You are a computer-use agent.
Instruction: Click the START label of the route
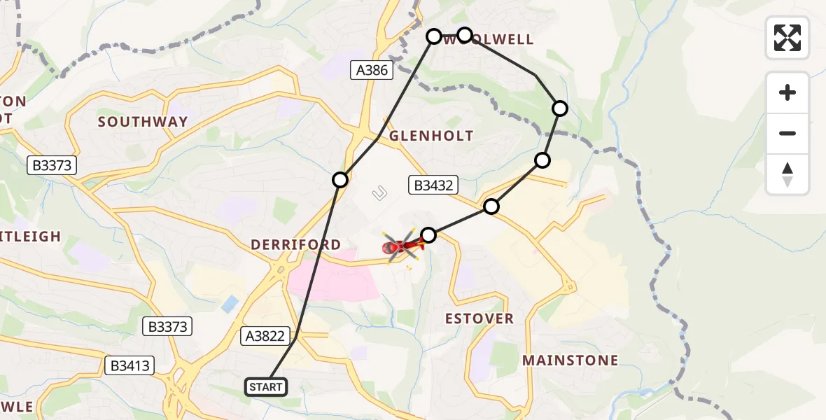(x=266, y=387)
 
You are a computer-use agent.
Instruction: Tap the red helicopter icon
(x=401, y=246)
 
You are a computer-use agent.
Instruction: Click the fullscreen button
(x=787, y=38)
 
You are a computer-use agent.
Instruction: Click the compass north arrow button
(x=787, y=174)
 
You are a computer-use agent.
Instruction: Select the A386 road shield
(x=372, y=69)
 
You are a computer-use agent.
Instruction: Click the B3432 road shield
(x=433, y=185)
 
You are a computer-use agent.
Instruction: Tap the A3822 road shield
(x=265, y=336)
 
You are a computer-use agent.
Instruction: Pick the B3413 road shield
(x=130, y=365)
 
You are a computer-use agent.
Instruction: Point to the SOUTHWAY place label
(x=143, y=122)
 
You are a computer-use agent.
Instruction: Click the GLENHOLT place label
(x=431, y=136)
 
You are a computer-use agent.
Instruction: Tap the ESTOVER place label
(x=479, y=318)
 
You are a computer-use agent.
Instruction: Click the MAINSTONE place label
(x=570, y=360)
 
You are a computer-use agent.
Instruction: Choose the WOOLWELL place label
(x=490, y=40)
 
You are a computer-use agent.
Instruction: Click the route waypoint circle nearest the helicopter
(x=428, y=235)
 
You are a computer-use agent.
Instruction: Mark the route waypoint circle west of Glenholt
(x=340, y=180)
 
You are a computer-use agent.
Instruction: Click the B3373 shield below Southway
(x=51, y=166)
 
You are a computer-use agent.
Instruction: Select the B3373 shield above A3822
(x=167, y=325)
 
